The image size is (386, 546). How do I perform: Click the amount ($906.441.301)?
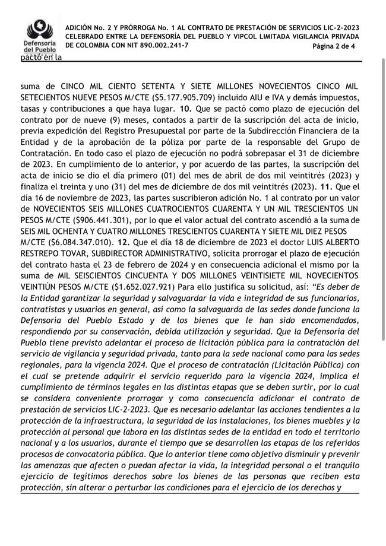93,220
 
